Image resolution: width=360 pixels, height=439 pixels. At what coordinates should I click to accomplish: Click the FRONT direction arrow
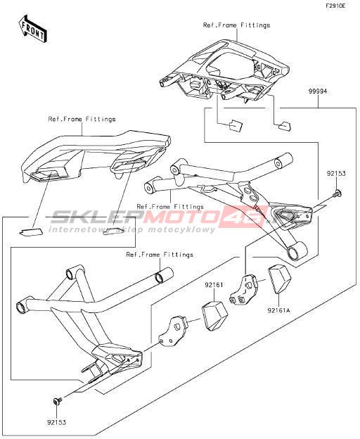coord(33,29)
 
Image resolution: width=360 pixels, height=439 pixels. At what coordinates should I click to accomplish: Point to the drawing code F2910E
coord(335,6)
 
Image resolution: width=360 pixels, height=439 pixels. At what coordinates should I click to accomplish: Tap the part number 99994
coord(318,91)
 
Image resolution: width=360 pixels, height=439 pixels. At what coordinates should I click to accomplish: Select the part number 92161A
coord(278,310)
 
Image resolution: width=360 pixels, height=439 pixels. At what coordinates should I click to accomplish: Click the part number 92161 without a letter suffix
coord(214,285)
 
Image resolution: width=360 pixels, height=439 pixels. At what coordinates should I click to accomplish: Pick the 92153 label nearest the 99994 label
coord(336,173)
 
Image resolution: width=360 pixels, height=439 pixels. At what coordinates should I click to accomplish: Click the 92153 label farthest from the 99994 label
coord(56,422)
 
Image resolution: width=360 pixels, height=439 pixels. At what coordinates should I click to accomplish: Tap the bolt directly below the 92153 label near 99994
coord(337,193)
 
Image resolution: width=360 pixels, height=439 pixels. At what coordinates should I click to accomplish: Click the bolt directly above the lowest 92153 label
coord(58,401)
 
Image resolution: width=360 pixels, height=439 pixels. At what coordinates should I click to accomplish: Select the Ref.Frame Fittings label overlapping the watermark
coord(170,207)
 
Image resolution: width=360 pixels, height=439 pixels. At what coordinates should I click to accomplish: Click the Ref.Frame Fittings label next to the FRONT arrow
coord(82,119)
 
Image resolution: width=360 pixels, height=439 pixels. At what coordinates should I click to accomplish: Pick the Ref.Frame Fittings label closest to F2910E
coord(237,25)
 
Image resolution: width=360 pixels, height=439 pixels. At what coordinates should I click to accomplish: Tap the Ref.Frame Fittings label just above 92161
coord(160,255)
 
